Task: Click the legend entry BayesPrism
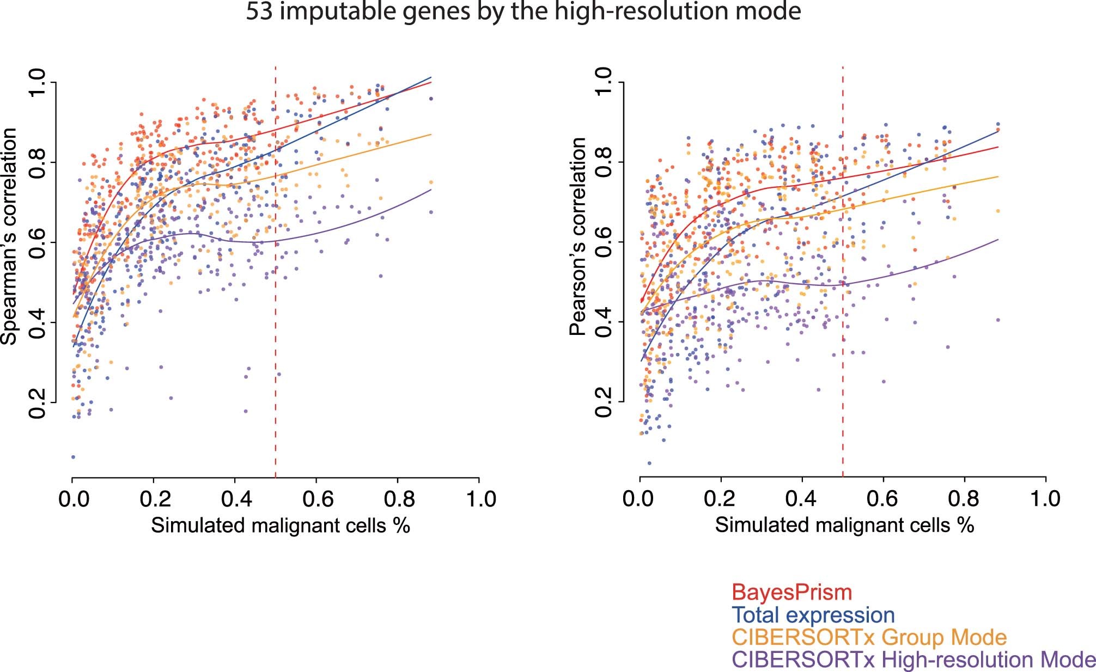[791, 592]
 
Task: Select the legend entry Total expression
[813, 615]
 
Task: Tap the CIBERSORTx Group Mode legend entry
[869, 637]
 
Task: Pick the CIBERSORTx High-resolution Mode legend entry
[914, 659]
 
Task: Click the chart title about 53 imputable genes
[523, 12]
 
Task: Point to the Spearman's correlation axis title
[10, 236]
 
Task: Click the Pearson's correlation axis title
[577, 236]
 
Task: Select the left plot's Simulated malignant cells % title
[280, 526]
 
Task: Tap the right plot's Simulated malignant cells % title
[844, 526]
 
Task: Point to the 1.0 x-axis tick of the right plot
[1045, 499]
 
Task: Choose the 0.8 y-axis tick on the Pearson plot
[605, 162]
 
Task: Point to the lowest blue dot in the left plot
[73, 457]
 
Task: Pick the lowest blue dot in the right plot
[649, 463]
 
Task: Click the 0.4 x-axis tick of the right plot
[802, 499]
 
